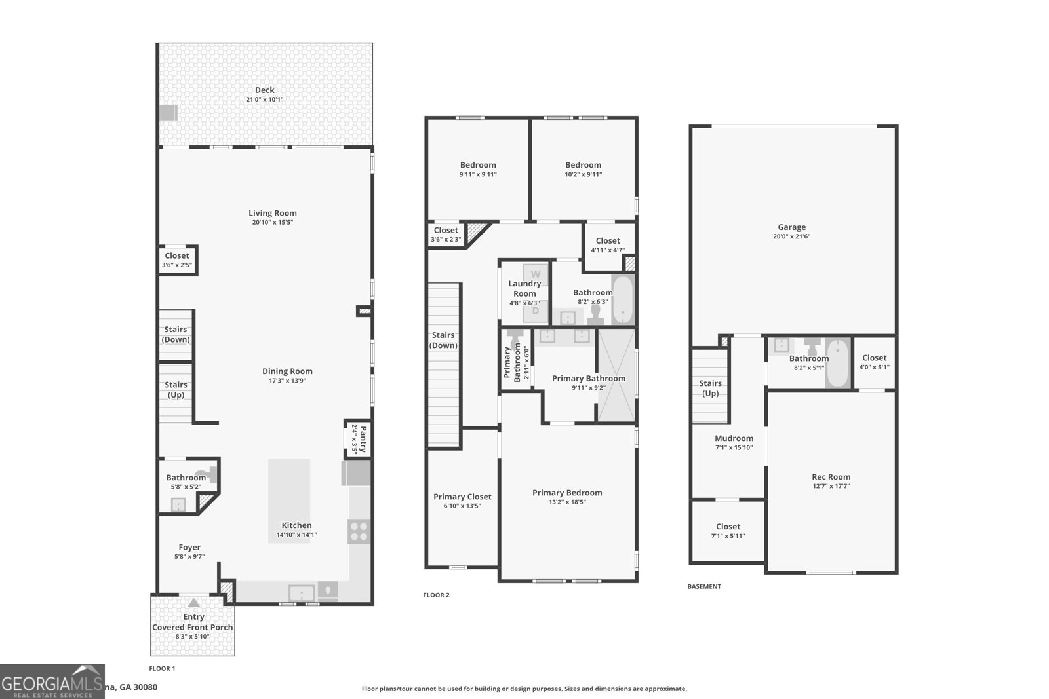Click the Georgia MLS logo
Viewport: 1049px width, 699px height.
pos(52,681)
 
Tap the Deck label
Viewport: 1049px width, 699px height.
pos(264,90)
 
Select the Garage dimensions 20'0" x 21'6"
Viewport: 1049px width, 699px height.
pos(791,236)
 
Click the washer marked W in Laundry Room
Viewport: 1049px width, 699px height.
pos(536,274)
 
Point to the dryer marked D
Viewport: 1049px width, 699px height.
pos(536,311)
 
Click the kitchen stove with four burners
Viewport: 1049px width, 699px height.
pos(359,531)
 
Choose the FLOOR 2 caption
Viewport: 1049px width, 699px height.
pos(436,595)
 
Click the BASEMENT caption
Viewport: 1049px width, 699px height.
pos(703,586)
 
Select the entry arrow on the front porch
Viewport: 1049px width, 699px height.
pos(193,603)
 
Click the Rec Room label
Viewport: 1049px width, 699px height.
pos(831,477)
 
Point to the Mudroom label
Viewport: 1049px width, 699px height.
pos(734,438)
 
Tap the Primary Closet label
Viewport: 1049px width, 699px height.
pos(462,497)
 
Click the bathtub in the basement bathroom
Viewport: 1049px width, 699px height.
pos(837,364)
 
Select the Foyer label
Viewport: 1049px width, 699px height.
pos(189,547)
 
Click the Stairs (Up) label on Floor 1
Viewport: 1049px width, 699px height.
pos(176,390)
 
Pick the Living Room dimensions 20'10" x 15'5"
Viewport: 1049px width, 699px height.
pos(272,222)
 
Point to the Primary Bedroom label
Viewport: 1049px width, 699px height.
pos(566,493)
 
